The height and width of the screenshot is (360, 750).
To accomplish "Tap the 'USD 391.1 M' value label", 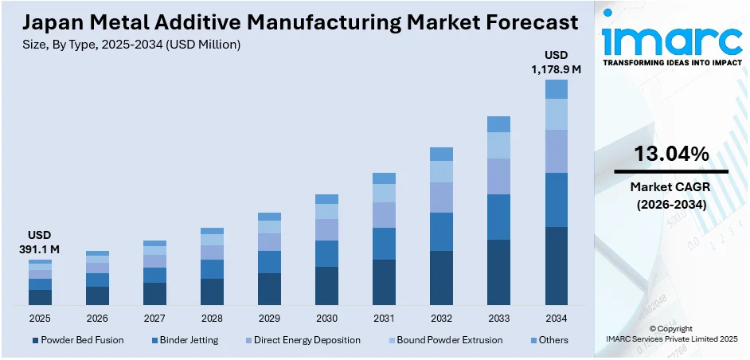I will (x=40, y=243).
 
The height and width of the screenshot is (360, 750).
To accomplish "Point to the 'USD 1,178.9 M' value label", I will (x=556, y=62).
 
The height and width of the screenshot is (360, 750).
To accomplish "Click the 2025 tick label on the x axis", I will (x=40, y=318).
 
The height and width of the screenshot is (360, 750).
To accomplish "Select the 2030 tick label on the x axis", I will (x=326, y=318).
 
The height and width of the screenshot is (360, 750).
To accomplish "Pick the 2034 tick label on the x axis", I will (x=556, y=318).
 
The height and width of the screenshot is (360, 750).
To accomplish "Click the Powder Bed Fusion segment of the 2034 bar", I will (x=556, y=265).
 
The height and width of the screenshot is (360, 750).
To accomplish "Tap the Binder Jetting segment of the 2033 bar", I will (x=498, y=217).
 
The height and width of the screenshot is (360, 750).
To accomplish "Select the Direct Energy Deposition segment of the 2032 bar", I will (x=441, y=197).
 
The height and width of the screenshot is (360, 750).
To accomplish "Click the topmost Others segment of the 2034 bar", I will (x=556, y=88).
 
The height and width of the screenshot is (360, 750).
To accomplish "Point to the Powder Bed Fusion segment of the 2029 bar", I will (x=269, y=288).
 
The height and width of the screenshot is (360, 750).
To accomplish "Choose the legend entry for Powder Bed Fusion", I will (x=77, y=340).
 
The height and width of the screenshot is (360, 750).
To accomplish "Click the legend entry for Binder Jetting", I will (x=184, y=340).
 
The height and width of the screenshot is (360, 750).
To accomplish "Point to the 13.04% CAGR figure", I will (x=671, y=155).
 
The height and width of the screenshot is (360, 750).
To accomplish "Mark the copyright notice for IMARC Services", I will (x=671, y=334).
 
